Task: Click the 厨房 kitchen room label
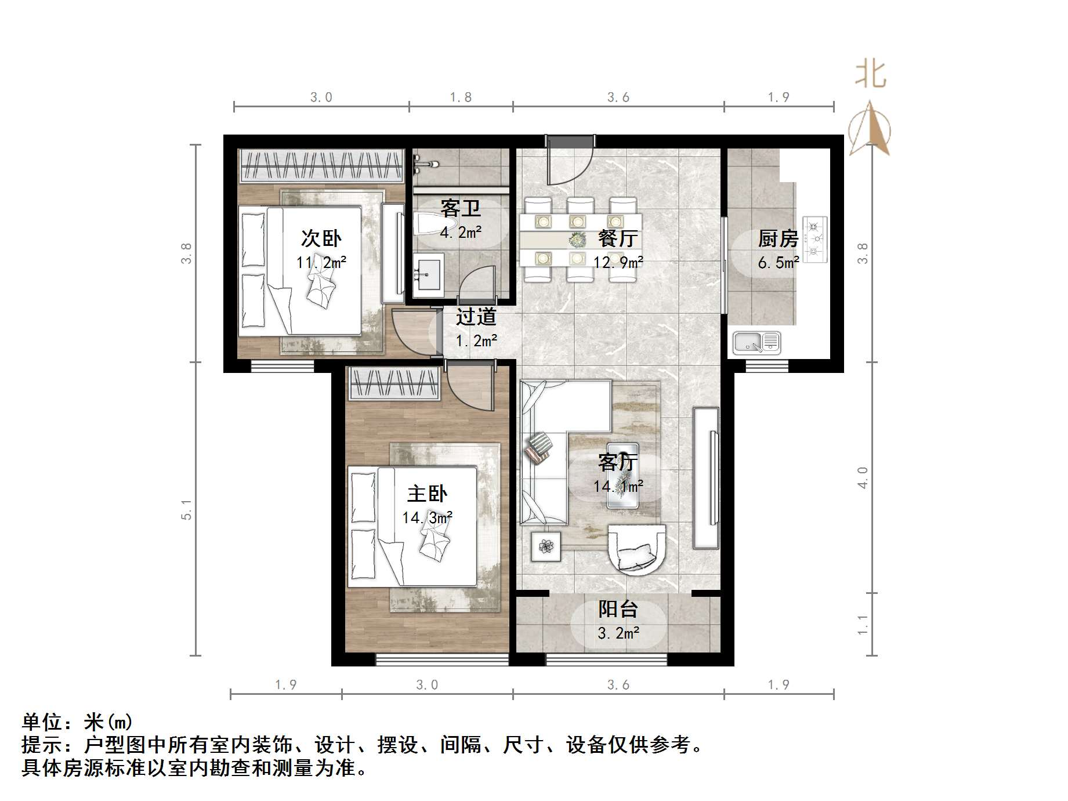click(778, 238)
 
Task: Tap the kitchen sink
click(756, 343)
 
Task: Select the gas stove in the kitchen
click(814, 238)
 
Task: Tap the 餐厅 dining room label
click(618, 238)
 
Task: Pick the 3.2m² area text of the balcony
click(618, 633)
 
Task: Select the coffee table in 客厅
click(622, 476)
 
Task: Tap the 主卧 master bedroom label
click(428, 494)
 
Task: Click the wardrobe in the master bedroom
click(394, 384)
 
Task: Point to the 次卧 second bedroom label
click(321, 238)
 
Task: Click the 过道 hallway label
click(476, 317)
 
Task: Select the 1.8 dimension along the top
click(461, 97)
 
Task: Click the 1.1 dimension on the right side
click(863, 625)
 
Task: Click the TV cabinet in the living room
click(706, 478)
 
